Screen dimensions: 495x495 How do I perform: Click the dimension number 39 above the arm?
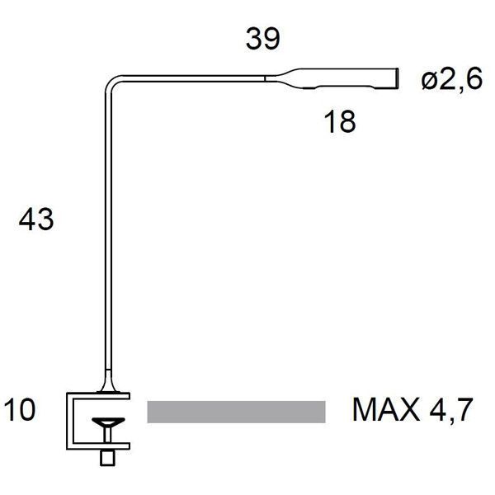[263, 39]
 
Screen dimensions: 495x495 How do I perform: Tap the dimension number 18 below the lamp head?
[339, 121]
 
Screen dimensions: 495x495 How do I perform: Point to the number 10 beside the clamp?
[20, 410]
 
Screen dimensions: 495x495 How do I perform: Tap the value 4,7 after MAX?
[452, 410]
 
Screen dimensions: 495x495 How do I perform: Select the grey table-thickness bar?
[236, 411]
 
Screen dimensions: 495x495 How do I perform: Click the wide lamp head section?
[346, 78]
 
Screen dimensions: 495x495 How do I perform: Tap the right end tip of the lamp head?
[396, 78]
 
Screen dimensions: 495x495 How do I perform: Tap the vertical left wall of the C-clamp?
[72, 421]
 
